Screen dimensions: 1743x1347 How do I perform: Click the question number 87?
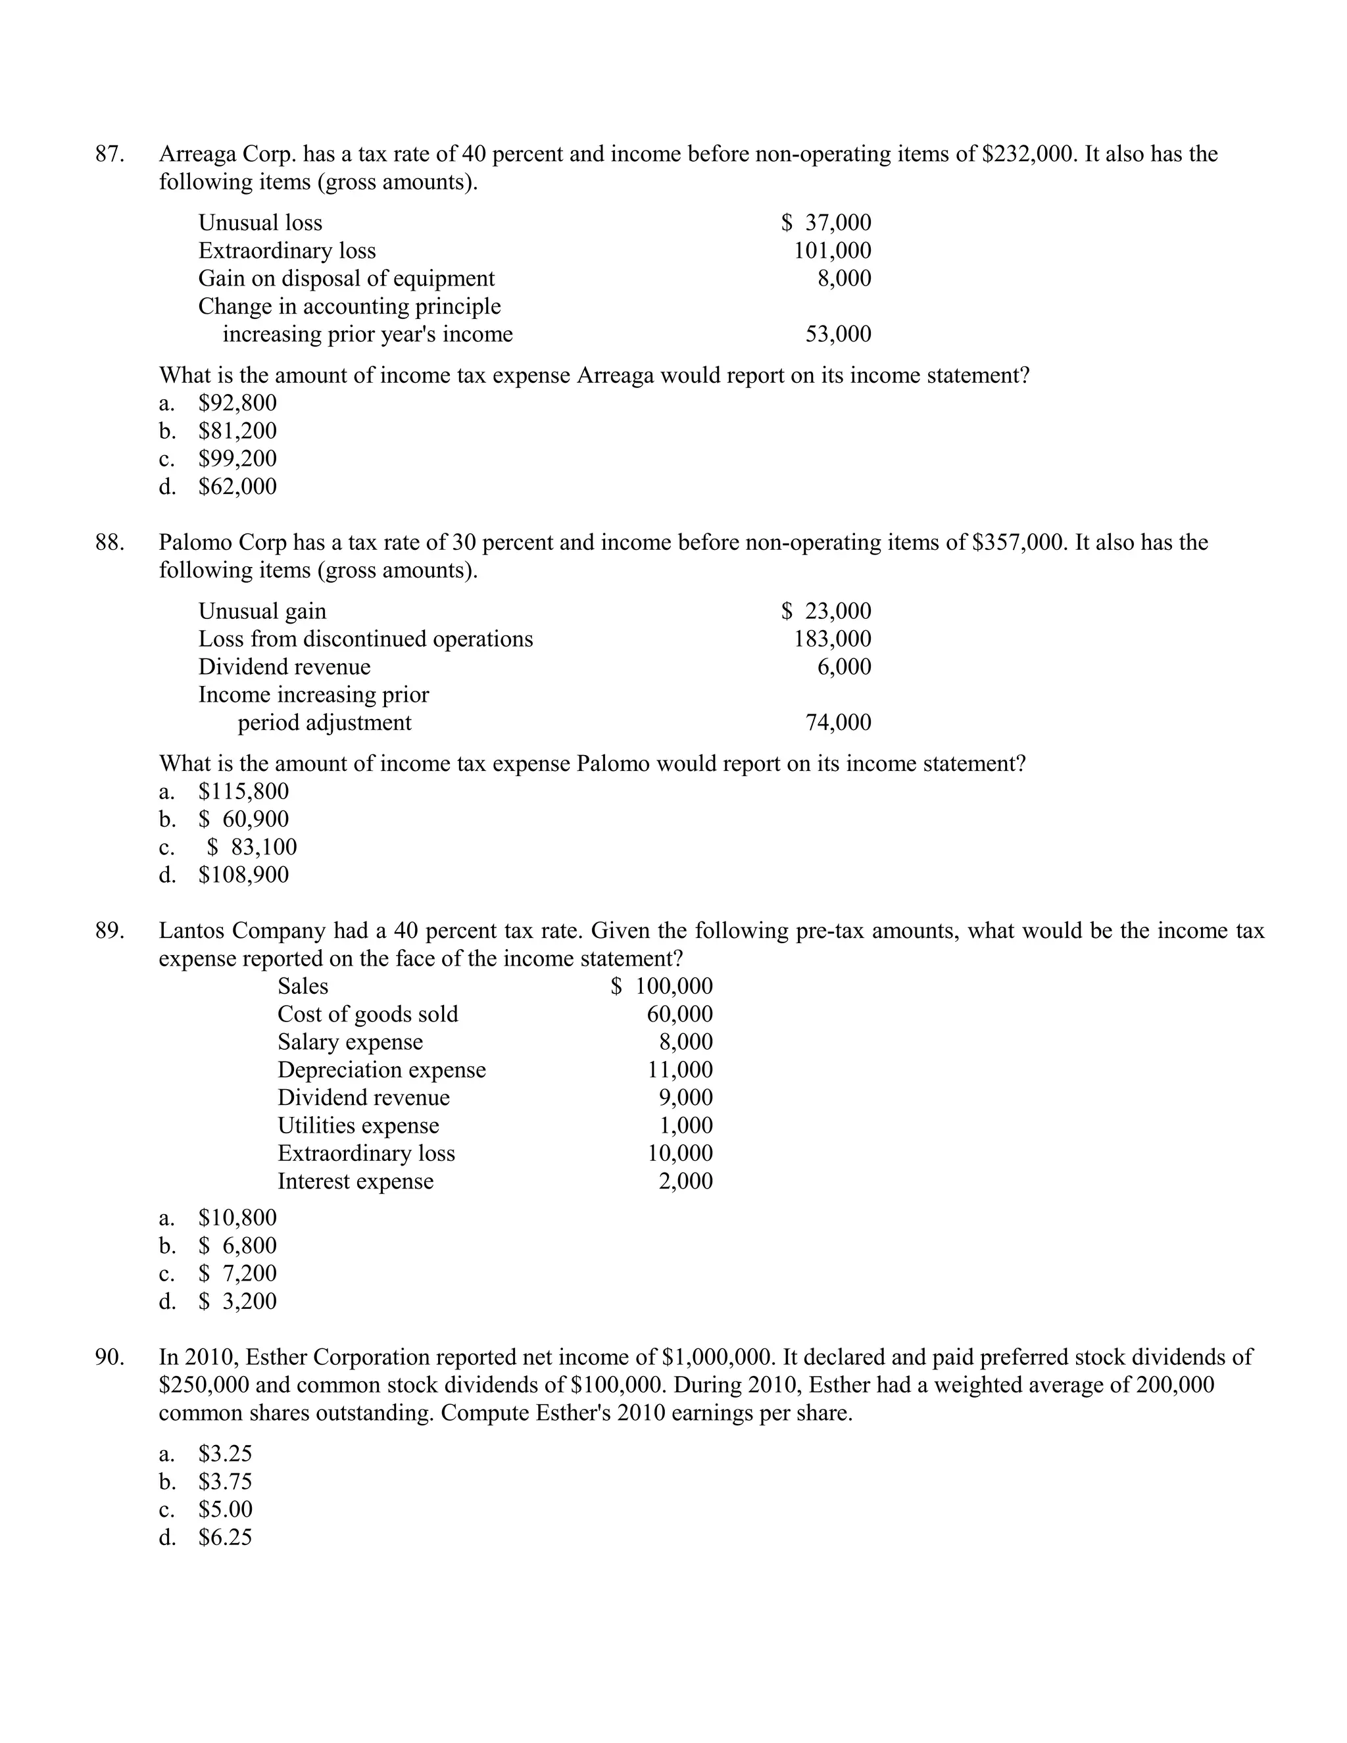[x=109, y=154]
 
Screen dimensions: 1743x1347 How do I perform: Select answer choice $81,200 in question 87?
[x=237, y=431]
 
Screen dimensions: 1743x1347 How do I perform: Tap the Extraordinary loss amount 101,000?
[x=831, y=251]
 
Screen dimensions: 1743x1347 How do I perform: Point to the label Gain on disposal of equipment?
[x=347, y=278]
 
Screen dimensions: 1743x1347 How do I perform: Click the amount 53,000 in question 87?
[x=838, y=333]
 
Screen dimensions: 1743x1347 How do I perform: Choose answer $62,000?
[x=237, y=486]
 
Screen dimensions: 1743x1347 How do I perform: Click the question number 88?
[x=109, y=543]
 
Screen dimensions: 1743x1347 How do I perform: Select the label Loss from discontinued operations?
[x=366, y=639]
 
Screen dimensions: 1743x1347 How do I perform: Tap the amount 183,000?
[x=831, y=639]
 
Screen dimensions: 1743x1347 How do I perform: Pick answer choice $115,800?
[x=243, y=792]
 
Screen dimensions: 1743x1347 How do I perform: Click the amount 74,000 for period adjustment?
[x=838, y=722]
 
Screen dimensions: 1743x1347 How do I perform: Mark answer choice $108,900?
[x=243, y=875]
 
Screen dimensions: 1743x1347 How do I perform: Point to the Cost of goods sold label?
[x=368, y=1014]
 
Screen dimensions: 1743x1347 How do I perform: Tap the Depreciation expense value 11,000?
[x=680, y=1069]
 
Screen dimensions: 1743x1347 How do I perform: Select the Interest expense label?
[x=355, y=1181]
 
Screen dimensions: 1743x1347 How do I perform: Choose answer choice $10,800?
[x=237, y=1218]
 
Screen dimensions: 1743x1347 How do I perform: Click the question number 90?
[x=109, y=1357]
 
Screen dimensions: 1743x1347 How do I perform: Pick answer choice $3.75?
[x=225, y=1482]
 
